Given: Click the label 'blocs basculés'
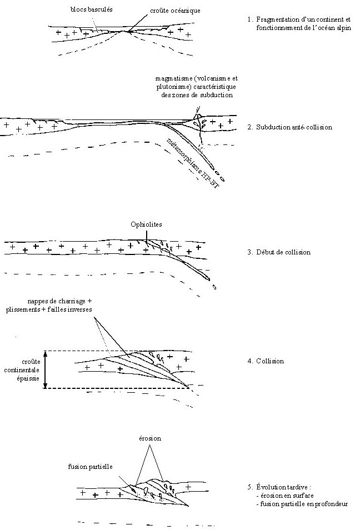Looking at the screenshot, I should [92, 10].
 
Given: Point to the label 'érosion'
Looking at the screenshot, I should [149, 438].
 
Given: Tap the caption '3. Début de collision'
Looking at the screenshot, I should [278, 252].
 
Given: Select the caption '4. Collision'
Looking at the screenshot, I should [266, 361].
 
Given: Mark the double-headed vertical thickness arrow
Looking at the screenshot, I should [47, 369].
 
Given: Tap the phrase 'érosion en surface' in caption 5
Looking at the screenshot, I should [288, 496].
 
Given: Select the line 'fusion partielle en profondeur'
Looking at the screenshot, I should [302, 504].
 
